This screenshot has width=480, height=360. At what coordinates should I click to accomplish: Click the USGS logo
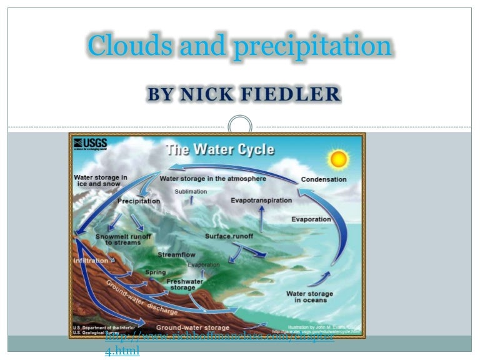click(90, 144)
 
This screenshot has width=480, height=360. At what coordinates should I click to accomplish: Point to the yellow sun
click(339, 159)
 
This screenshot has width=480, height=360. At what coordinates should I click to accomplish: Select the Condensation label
click(323, 180)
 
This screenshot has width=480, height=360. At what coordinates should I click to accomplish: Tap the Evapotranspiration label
click(261, 201)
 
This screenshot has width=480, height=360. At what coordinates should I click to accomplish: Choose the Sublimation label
click(190, 192)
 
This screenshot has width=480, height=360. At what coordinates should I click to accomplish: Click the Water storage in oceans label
click(309, 297)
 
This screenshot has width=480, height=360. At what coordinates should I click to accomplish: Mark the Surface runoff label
click(229, 236)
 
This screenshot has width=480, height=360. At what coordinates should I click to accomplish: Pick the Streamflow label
click(176, 255)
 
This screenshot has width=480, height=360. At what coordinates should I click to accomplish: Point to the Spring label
click(155, 272)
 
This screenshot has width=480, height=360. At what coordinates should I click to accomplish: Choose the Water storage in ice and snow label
click(100, 181)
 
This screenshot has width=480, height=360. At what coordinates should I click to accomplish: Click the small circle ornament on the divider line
click(239, 127)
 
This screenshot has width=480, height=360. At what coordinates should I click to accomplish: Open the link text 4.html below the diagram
click(122, 351)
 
